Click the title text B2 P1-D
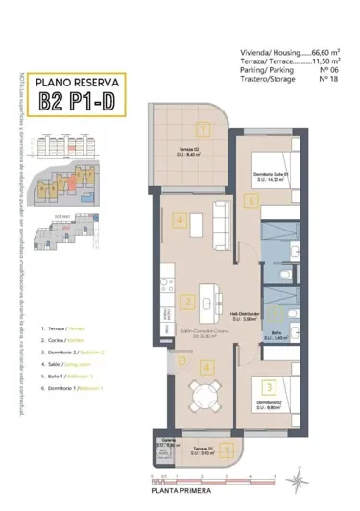click(x=76, y=101)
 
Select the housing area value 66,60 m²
click(x=322, y=54)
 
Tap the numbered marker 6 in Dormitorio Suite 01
click(x=252, y=202)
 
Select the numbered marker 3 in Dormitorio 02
click(x=270, y=387)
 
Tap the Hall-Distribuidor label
click(x=247, y=315)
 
